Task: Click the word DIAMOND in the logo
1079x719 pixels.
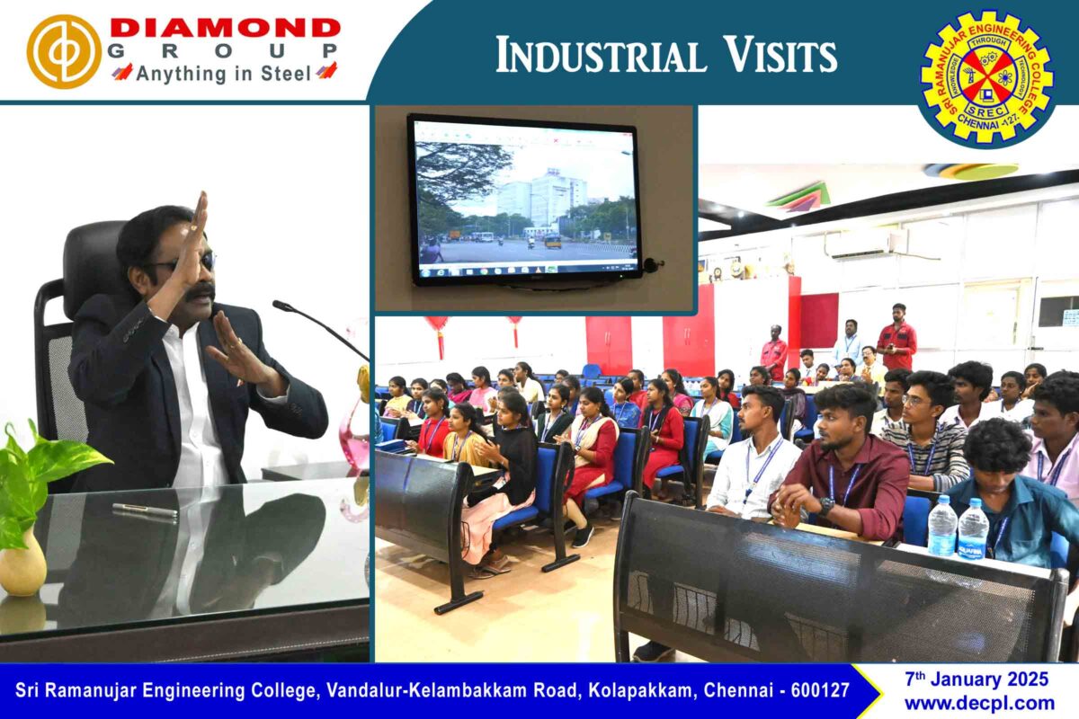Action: click(225, 29)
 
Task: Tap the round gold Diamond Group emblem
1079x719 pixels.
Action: click(64, 51)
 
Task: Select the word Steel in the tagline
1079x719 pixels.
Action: click(286, 75)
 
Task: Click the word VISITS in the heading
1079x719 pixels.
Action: click(780, 56)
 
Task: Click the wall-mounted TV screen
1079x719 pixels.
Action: click(525, 200)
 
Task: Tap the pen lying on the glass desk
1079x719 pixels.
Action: click(145, 510)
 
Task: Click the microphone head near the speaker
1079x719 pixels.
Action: click(281, 306)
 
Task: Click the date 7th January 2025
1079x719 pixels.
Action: click(976, 679)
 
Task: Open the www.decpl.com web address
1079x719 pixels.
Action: click(980, 704)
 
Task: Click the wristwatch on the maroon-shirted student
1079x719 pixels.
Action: click(826, 506)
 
